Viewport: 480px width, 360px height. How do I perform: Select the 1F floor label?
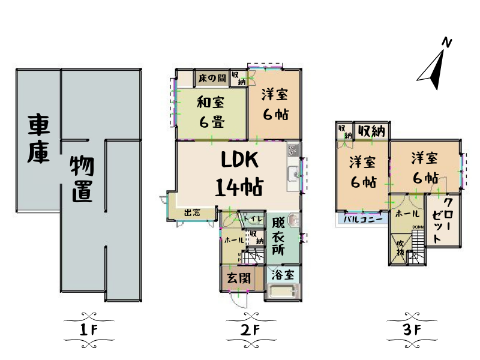88,329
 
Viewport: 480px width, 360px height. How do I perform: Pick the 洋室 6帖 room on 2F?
274,104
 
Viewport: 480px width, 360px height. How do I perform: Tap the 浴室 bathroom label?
282,275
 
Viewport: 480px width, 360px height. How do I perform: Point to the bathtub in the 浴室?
281,293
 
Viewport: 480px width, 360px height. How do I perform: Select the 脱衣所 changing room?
278,236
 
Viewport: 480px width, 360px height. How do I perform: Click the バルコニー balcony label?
362,219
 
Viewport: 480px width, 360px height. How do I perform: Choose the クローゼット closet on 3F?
443,218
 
